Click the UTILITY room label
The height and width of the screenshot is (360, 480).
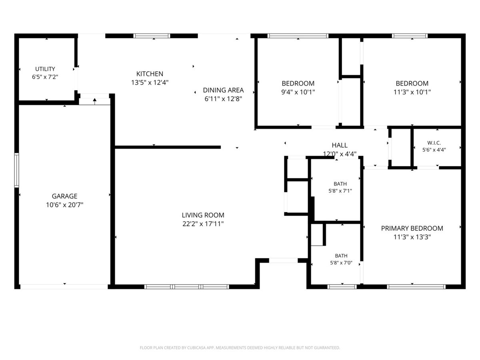45,69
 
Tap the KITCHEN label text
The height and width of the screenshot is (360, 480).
150,74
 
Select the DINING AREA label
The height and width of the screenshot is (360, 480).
223,90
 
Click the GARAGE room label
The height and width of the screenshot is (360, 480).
64,196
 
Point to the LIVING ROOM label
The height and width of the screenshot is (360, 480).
203,215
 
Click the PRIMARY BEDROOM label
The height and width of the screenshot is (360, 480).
412,228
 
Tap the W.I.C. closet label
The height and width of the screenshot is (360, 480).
434,143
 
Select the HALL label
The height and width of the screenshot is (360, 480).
340,145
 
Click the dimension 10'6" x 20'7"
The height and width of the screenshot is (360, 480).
64,205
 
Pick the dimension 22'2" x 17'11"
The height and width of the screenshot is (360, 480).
203,224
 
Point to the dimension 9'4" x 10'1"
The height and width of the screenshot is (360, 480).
298,92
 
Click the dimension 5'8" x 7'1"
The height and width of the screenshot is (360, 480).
340,191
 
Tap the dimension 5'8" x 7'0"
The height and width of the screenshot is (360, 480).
341,263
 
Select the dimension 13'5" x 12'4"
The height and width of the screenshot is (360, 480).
150,83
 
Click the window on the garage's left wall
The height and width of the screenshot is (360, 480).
17,170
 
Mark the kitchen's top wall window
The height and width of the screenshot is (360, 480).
152,36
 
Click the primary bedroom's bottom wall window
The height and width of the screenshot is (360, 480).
416,286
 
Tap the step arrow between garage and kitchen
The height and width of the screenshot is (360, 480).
94,101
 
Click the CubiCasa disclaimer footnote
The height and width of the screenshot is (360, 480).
240,348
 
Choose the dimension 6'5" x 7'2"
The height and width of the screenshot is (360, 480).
45,77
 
